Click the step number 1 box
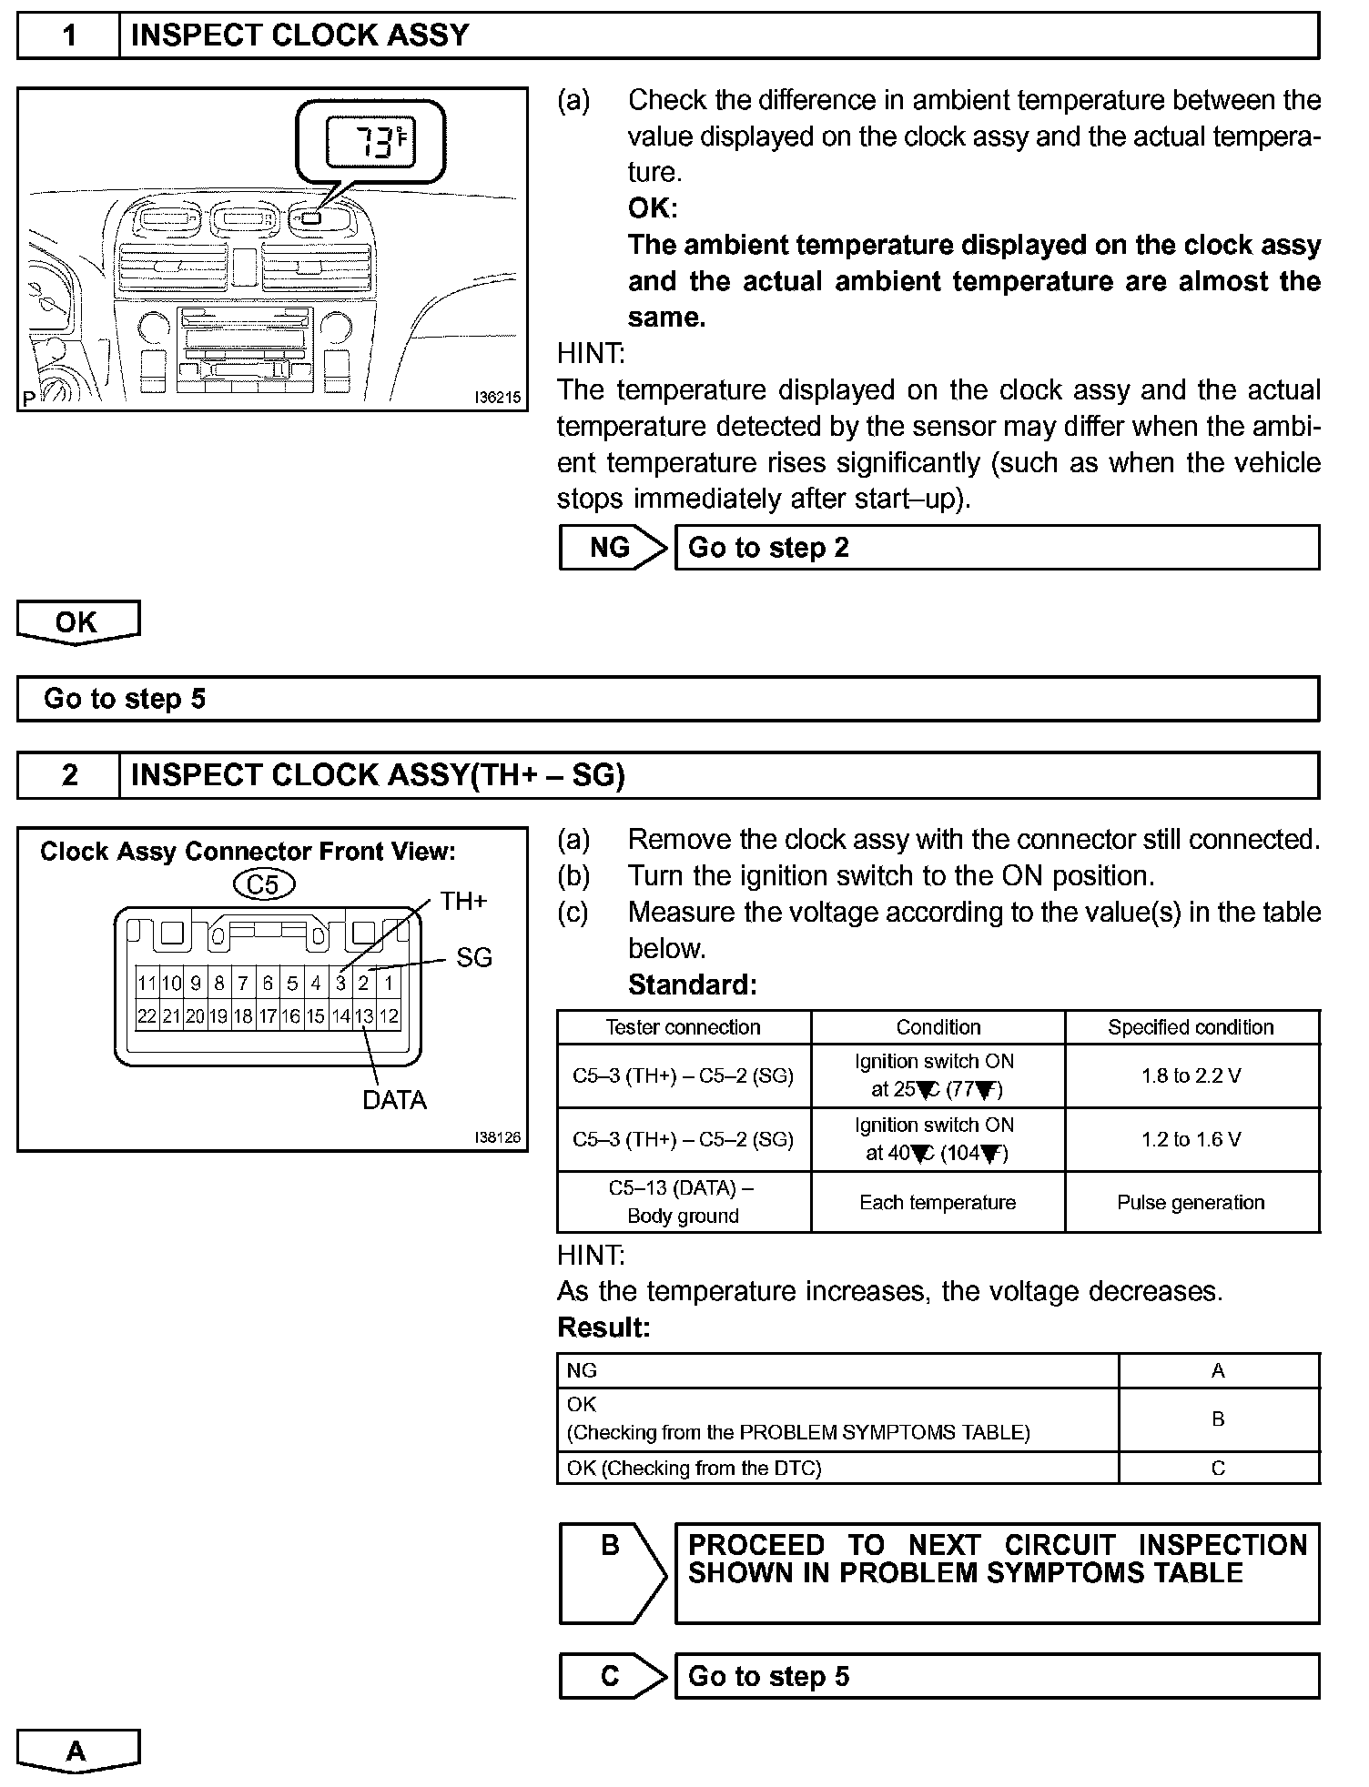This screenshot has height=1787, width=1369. point(69,35)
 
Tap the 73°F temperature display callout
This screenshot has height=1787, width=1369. point(370,143)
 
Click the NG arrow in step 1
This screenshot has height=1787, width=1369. point(612,548)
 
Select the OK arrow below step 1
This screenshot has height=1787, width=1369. point(77,622)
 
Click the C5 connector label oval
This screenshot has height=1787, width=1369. point(263,884)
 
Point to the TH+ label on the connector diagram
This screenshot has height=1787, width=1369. point(463,902)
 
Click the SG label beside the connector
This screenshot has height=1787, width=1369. point(473,957)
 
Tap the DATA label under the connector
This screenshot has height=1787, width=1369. point(394,1100)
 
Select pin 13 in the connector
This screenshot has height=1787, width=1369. point(364,1016)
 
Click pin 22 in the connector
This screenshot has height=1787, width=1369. point(147,1016)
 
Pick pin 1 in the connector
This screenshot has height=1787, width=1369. point(389,983)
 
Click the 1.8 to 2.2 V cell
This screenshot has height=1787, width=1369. point(1192,1076)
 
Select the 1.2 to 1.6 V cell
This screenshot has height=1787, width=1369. point(1192,1139)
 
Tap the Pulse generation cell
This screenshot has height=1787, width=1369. point(1192,1202)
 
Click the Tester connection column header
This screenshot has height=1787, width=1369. point(684,1027)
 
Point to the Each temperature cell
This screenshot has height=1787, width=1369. point(938,1202)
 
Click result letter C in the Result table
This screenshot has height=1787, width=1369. point(1218,1468)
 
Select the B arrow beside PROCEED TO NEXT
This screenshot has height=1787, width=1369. point(612,1572)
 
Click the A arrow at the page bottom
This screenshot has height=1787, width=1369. point(77,1751)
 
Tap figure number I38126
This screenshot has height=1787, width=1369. point(497,1137)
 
